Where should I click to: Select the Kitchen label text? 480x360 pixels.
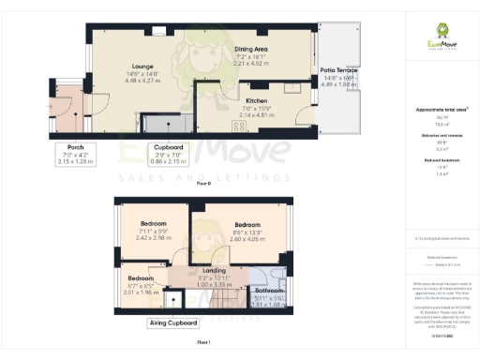258,100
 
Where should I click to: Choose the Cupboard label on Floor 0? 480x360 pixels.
168,147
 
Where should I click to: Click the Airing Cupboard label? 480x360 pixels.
173,322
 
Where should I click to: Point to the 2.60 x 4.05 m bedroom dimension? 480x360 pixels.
247,239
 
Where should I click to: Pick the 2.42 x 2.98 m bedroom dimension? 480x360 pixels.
154,238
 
